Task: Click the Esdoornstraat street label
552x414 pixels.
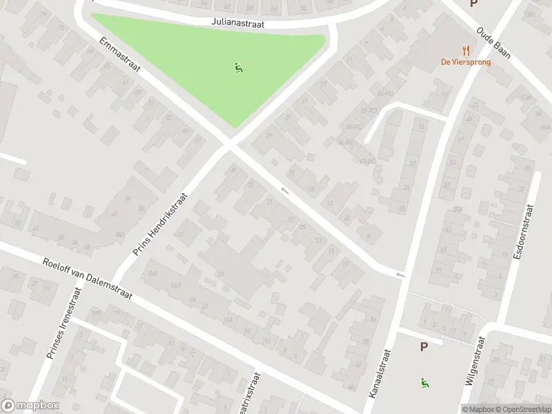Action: coord(524,232)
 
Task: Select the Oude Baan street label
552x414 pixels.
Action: coord(494,43)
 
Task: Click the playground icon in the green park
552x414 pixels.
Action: coord(239,68)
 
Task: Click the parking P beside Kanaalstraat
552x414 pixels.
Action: coord(424,347)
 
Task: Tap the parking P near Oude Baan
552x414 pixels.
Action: coord(473,3)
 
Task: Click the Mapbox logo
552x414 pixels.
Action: coord(30,406)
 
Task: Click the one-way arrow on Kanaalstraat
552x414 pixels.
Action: coord(400,275)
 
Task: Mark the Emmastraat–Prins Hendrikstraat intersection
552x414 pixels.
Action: coord(230,146)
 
